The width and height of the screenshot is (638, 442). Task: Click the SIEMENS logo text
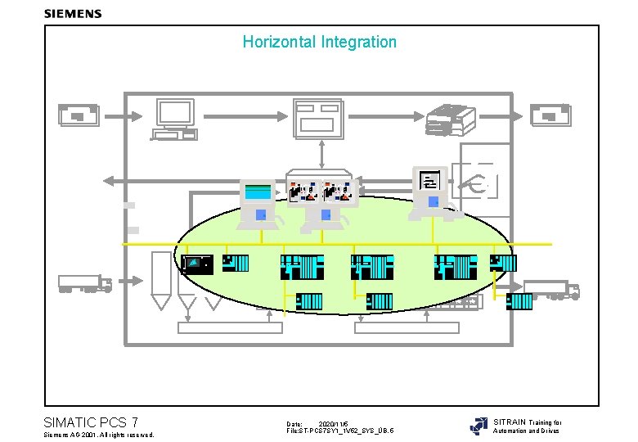(73, 13)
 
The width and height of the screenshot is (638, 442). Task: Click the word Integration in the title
(358, 42)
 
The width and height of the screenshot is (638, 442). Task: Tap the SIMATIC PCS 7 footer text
(90, 422)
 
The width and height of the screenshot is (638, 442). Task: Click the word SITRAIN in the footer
(510, 422)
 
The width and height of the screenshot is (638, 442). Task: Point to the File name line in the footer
(339, 431)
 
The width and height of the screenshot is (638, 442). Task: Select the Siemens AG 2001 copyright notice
(98, 434)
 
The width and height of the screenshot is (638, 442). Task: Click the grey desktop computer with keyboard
(174, 120)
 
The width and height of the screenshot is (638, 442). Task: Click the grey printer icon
(448, 120)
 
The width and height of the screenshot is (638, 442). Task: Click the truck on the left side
(85, 283)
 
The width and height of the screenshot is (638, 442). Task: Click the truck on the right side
(550, 289)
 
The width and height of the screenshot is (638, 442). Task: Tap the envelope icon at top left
(79, 115)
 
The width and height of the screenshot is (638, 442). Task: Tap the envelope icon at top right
(550, 115)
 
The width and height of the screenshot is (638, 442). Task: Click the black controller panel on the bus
(197, 264)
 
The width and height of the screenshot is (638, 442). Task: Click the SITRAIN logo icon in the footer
(478, 426)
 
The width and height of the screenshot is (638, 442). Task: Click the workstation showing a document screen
(432, 192)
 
